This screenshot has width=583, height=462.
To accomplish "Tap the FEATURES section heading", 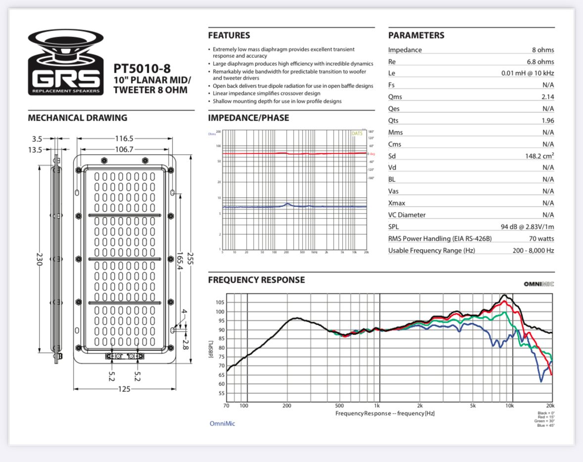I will pyautogui.click(x=229, y=36).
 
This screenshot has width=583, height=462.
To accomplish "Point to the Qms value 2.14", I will pyautogui.click(x=547, y=97).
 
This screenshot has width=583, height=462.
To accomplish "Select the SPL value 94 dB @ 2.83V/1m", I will pyautogui.click(x=527, y=227).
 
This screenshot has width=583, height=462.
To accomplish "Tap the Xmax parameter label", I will pyautogui.click(x=399, y=203).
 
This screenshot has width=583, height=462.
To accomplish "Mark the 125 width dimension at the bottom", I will pyautogui.click(x=124, y=389).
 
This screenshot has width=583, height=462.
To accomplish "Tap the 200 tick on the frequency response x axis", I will pyautogui.click(x=287, y=406).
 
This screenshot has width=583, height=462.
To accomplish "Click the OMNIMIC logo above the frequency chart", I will pyautogui.click(x=539, y=284).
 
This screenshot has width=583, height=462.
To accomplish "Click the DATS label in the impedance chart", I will pyautogui.click(x=357, y=133).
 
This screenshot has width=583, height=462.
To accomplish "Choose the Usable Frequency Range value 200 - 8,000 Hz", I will pyautogui.click(x=533, y=251).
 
